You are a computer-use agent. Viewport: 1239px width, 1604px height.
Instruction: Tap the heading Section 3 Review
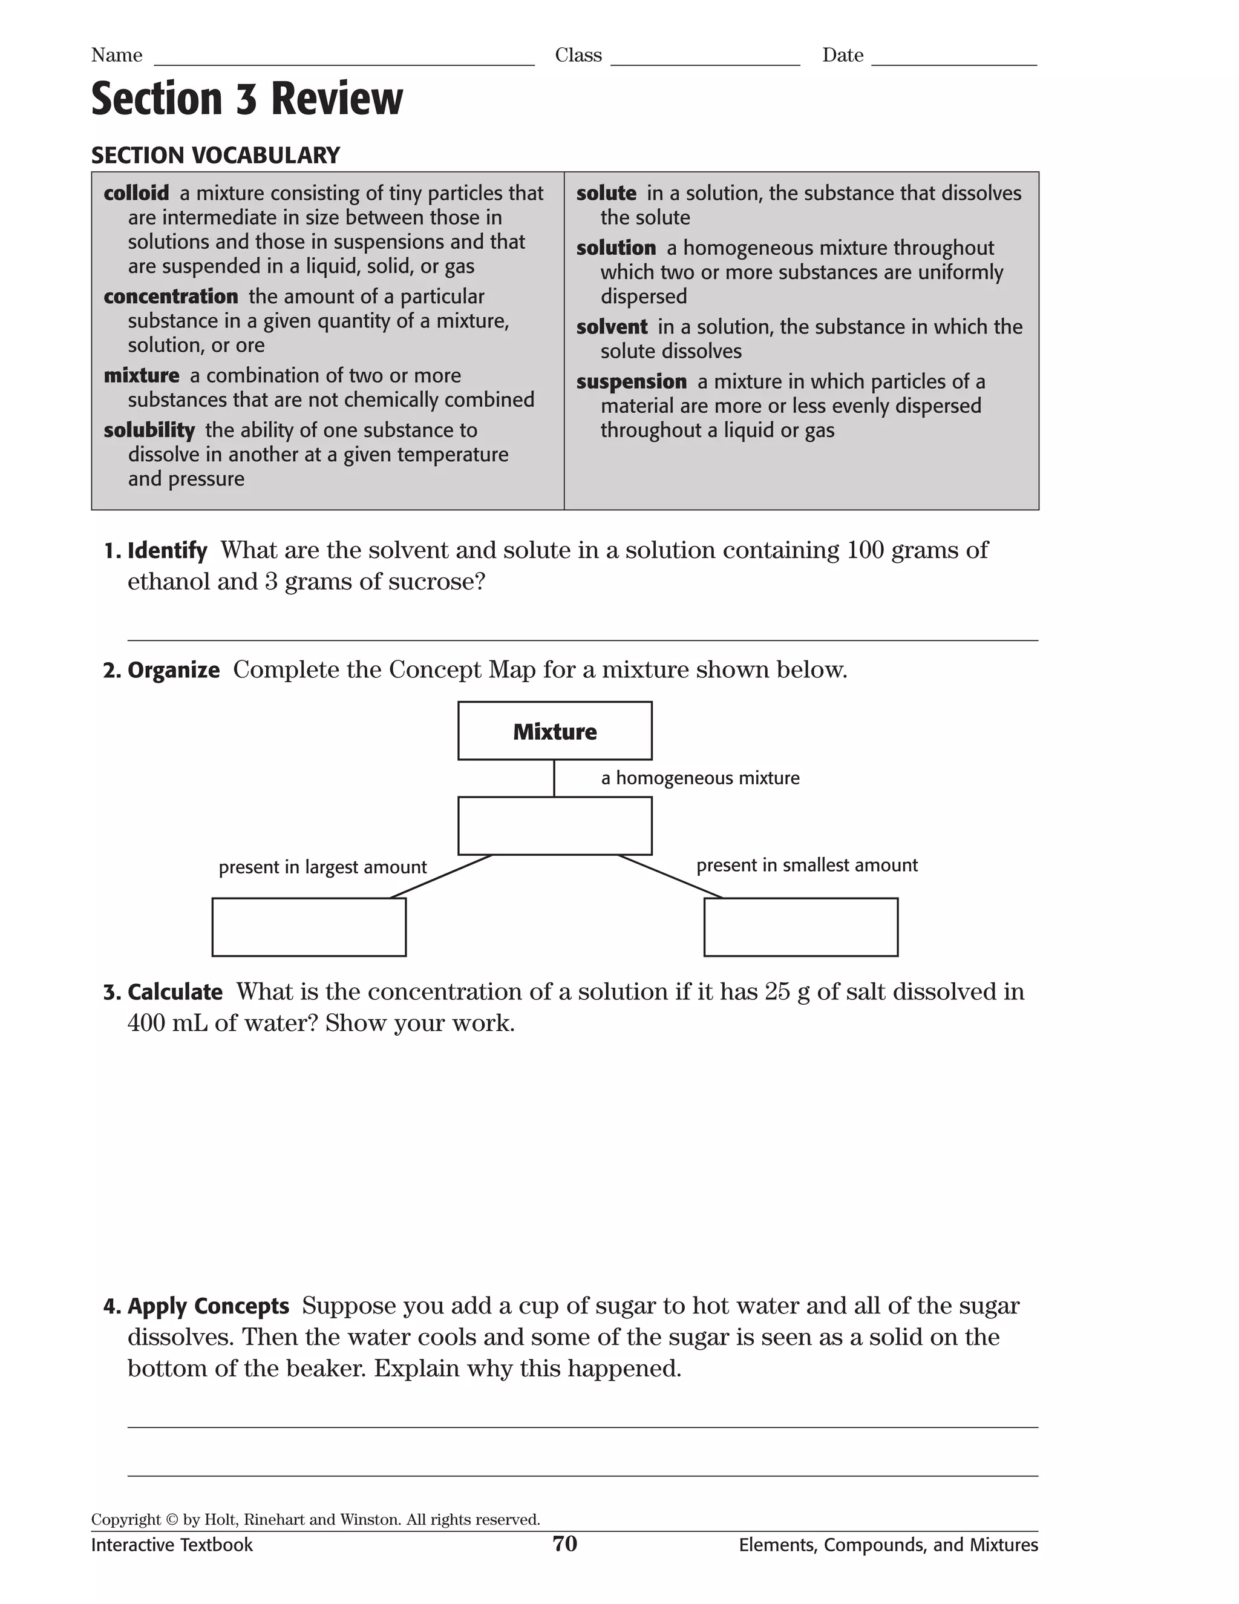247,99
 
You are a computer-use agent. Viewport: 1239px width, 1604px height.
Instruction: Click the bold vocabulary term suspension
631,382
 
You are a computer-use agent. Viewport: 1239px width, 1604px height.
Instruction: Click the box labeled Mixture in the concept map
554,731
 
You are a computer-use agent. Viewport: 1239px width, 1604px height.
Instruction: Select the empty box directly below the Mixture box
554,826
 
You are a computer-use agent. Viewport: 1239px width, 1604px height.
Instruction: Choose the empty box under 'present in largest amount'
309,927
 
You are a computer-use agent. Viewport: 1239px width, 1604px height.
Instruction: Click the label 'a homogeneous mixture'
699,778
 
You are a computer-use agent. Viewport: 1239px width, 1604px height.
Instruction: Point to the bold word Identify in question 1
168,551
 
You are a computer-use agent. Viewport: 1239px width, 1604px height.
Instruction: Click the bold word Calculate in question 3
175,992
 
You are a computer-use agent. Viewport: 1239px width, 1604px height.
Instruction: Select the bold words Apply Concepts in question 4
209,1307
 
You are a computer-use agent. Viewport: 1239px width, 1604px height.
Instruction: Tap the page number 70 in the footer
564,1544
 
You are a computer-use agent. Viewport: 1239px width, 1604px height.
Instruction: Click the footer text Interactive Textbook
172,1545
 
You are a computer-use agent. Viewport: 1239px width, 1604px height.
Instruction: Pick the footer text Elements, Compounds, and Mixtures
888,1545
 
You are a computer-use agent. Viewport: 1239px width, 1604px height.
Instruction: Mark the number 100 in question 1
865,550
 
